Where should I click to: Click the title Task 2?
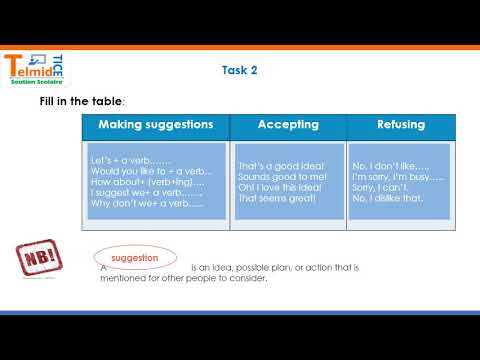click(240, 70)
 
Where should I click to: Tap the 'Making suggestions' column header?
click(155, 125)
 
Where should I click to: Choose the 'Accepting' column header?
click(288, 125)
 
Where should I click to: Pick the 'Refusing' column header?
click(401, 125)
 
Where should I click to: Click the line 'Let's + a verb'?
click(131, 160)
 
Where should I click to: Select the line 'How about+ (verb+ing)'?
click(147, 182)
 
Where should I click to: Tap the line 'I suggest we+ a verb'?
click(145, 193)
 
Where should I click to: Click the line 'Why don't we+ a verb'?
click(146, 204)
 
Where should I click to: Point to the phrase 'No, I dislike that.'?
click(390, 198)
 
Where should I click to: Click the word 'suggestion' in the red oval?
click(134, 258)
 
